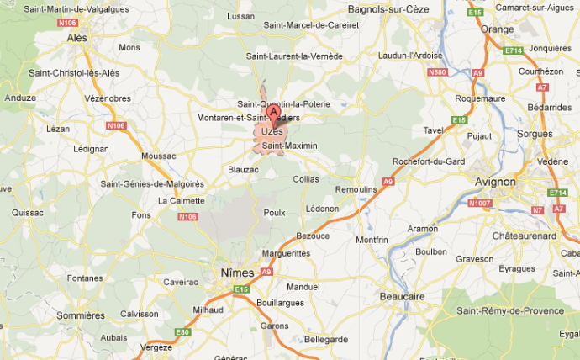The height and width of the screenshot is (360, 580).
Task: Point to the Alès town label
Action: coord(77,38)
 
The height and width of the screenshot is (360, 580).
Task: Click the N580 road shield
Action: coord(437,72)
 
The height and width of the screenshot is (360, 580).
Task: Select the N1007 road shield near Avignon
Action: coord(479,204)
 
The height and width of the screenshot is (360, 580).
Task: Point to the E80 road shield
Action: coord(182,332)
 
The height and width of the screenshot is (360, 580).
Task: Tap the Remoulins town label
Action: coord(356,190)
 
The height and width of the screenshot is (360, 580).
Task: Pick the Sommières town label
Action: coord(82,315)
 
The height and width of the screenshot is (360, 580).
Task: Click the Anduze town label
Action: coord(20,98)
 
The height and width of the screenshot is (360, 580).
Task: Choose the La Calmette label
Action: coord(182,200)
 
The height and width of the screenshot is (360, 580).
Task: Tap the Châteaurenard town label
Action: coord(525,236)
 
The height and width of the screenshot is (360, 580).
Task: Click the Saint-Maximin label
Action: coord(290,146)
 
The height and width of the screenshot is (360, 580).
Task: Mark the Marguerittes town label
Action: coord(286,252)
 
